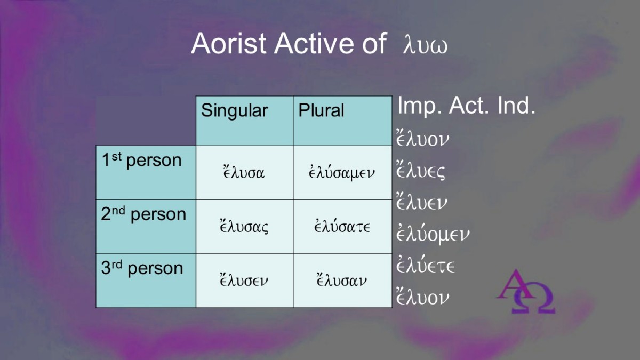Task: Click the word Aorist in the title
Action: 229,43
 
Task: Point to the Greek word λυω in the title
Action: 426,45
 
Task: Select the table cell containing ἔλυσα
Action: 245,173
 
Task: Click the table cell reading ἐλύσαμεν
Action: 342,173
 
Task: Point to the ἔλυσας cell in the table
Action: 245,227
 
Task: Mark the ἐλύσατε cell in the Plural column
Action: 342,227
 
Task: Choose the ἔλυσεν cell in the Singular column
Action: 245,281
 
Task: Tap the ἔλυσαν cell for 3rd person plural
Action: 342,281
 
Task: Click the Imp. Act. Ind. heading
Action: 466,106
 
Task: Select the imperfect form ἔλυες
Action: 421,171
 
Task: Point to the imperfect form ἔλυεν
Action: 421,202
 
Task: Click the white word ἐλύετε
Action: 426,265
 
